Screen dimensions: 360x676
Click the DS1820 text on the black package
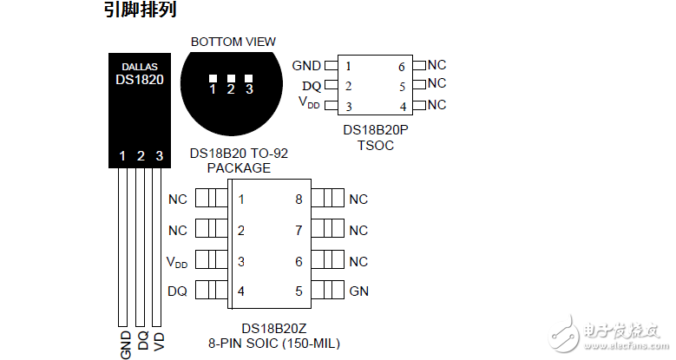(140, 79)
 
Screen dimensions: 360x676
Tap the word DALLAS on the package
(140, 65)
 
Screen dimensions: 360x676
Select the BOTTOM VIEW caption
(233, 42)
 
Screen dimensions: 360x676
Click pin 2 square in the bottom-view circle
(231, 79)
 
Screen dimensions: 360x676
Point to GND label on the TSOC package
(306, 65)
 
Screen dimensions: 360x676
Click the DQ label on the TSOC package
(312, 86)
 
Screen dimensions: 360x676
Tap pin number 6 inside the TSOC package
(402, 66)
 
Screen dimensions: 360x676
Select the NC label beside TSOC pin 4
(436, 105)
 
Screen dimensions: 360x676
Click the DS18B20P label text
(375, 130)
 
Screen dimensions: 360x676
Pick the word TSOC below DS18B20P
(375, 145)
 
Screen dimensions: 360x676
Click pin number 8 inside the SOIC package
(299, 200)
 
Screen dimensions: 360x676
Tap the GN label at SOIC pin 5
(358, 291)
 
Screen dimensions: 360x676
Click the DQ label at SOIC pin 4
(177, 291)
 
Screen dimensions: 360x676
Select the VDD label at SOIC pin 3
(176, 261)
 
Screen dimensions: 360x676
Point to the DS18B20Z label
(274, 328)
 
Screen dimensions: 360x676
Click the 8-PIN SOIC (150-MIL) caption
(274, 343)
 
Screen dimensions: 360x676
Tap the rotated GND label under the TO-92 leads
(125, 344)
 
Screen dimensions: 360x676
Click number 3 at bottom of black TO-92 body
(159, 156)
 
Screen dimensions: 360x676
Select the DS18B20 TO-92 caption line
(239, 154)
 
